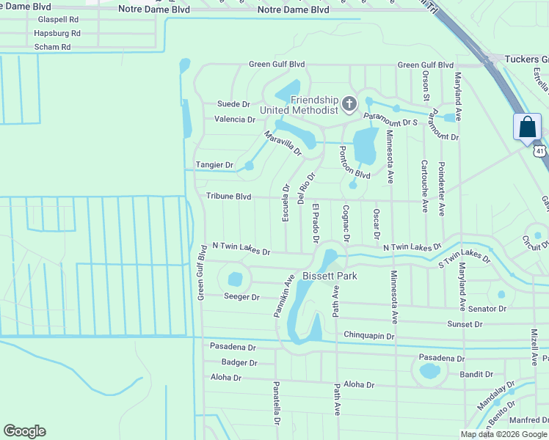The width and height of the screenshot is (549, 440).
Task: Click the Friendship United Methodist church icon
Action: [x=349, y=104]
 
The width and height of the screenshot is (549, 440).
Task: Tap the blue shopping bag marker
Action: [x=528, y=126]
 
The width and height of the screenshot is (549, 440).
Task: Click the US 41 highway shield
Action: [x=539, y=151]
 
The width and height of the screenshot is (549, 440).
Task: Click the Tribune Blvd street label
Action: [x=228, y=197]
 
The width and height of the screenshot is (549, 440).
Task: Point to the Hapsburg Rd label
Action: [x=57, y=34]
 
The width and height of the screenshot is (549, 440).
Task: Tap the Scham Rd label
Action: [x=52, y=47]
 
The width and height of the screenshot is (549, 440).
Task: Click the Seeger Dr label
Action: [x=241, y=297]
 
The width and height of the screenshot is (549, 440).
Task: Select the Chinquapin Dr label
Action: [x=369, y=335]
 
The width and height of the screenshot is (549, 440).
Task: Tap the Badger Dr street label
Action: [x=239, y=362]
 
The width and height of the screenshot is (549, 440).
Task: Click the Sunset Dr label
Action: [x=465, y=323]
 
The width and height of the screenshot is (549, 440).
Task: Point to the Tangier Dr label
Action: [x=214, y=166]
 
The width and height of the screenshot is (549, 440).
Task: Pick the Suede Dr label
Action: [x=233, y=105]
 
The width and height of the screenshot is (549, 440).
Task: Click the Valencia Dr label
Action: [x=235, y=119]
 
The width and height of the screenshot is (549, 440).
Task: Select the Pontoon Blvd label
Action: [x=355, y=163]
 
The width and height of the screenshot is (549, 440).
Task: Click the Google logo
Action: [x=25, y=431]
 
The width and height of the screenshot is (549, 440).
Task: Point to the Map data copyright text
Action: [x=503, y=434]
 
